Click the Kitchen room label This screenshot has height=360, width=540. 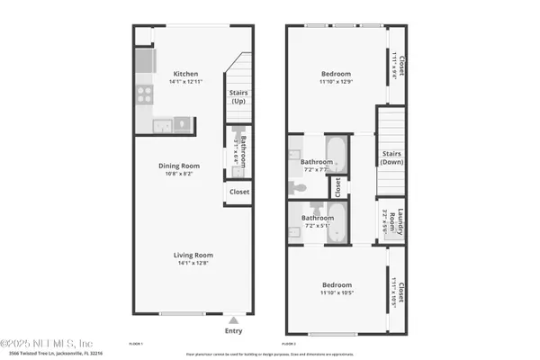pos(185,74)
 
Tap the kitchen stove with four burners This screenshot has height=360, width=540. pos(146,94)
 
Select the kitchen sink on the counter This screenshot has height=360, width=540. pos(180,123)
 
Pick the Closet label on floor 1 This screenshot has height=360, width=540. pos(239,192)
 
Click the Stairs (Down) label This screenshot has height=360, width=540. pos(391,157)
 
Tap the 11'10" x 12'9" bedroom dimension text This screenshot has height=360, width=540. pos(336,82)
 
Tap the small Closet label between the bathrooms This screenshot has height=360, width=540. pos(337,187)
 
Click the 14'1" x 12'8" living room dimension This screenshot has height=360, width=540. pos(191,262)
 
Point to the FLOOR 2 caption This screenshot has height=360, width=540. pos(289,344)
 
